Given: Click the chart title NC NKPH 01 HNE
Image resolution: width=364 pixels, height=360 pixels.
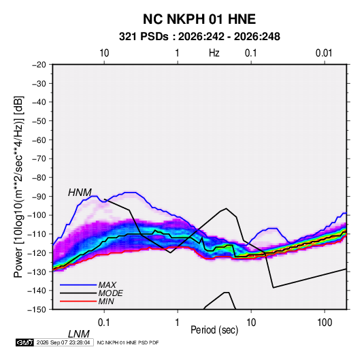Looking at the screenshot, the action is click(199, 19).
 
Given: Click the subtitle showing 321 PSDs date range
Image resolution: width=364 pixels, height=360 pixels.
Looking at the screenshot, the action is click(199, 37).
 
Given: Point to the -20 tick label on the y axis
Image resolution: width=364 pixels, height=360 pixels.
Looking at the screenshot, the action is click(39, 65).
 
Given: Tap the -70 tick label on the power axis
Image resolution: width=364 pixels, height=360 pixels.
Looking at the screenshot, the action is click(39, 159).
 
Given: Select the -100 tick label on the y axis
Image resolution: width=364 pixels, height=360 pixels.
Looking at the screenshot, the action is click(37, 215).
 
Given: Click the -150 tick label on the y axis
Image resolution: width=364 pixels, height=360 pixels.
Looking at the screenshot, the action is click(37, 310).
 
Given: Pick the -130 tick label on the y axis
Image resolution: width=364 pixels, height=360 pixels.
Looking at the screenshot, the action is click(37, 272).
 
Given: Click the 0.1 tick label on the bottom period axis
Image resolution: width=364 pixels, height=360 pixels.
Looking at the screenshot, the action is click(103, 323).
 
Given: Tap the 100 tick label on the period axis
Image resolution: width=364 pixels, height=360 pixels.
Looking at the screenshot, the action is click(325, 323).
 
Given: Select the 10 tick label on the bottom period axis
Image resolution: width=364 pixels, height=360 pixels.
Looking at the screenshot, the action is click(251, 323).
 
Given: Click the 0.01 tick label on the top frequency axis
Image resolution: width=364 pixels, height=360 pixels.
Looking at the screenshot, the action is click(324, 53).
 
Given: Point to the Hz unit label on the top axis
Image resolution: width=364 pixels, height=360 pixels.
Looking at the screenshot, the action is click(214, 53).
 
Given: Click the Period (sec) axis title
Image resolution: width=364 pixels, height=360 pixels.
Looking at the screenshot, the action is click(214, 330).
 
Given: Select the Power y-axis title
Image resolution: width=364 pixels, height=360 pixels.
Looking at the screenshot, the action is click(18, 187).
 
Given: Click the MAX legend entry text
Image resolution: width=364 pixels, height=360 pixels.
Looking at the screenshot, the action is click(107, 285).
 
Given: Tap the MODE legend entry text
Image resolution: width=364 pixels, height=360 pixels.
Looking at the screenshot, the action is click(110, 293).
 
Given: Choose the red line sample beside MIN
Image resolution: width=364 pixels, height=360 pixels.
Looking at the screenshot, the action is click(78, 301).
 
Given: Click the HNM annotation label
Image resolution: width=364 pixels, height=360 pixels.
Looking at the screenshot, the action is click(80, 193).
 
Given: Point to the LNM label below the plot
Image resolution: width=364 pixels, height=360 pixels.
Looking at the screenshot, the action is click(79, 334).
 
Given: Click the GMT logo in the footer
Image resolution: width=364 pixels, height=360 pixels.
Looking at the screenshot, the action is click(24, 342).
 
